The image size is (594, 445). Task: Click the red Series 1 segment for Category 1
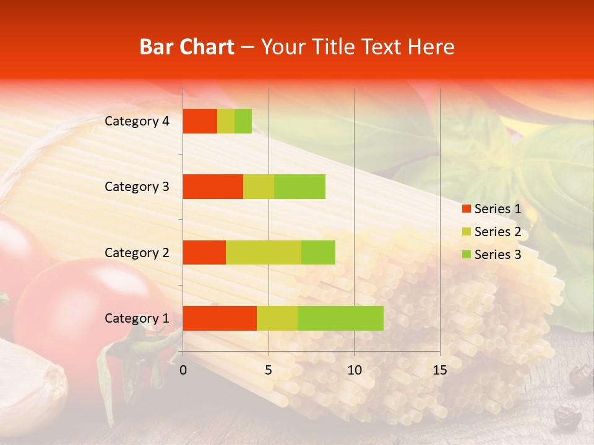[220, 318]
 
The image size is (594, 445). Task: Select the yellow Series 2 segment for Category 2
[264, 252]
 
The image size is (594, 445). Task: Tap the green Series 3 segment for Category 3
[299, 187]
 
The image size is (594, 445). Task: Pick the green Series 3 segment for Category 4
[243, 121]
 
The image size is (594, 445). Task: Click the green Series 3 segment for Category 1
[340, 318]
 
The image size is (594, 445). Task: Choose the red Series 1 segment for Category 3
[213, 187]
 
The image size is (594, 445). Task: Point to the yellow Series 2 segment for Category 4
[226, 121]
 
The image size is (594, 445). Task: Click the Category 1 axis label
[137, 318]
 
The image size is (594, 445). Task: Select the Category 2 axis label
[137, 252]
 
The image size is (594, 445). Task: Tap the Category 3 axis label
[137, 187]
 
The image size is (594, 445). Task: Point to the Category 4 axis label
[137, 121]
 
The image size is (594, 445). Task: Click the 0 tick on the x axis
[183, 370]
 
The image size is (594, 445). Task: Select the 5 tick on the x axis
[269, 370]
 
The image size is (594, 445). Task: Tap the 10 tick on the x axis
[354, 370]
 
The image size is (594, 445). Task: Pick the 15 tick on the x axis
[439, 370]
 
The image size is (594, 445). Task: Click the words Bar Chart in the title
[187, 47]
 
